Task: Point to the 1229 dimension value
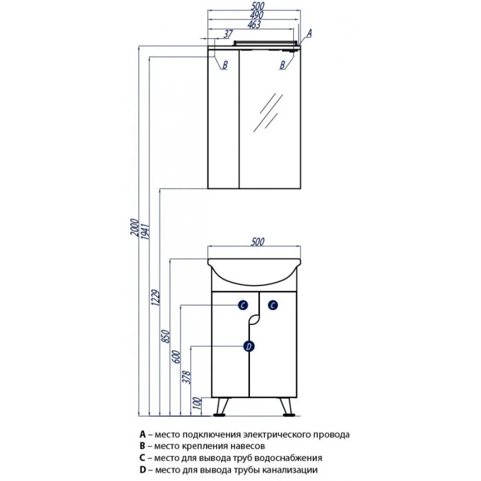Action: coord(156,298)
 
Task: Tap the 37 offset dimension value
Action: coord(228,34)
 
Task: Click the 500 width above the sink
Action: coord(256,241)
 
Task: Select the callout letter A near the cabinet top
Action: coord(308,33)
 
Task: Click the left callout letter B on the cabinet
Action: coord(224,64)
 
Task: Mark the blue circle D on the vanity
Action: coord(250,346)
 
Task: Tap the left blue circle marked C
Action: coord(241,305)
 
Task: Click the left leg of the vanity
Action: coord(220,406)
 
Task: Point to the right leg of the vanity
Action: coord(285,406)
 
